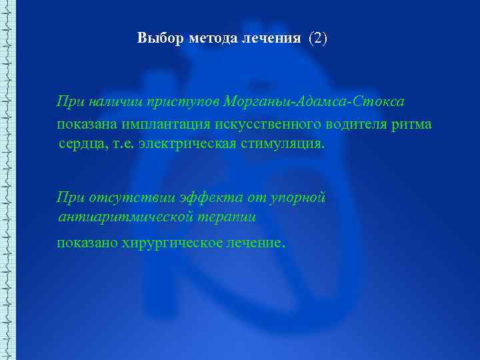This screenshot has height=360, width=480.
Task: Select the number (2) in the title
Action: click(318, 38)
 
